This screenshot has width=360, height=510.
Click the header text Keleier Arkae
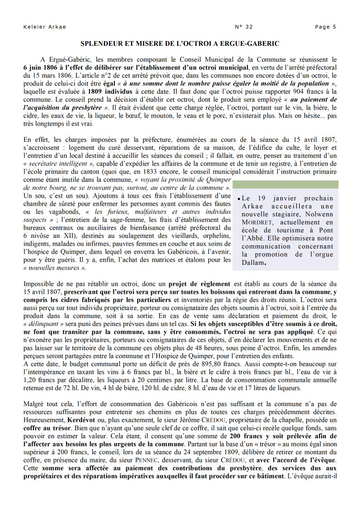pos(44,27)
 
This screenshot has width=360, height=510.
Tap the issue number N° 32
pos(244,27)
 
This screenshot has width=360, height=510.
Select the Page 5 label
pos(325,27)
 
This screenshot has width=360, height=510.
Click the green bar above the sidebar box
pos(285,184)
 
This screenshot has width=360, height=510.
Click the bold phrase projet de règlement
pos(199,284)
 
